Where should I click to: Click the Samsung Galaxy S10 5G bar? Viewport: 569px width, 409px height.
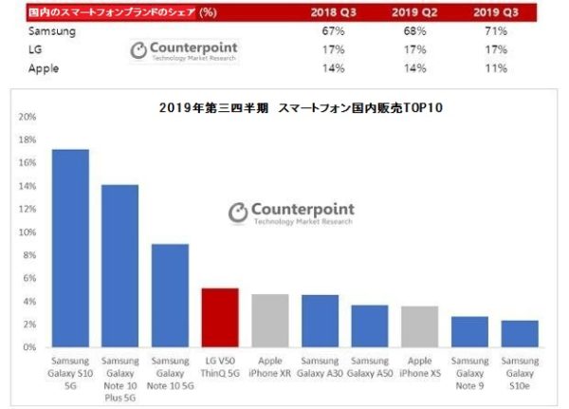(70, 249)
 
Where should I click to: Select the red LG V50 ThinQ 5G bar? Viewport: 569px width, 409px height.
(220, 318)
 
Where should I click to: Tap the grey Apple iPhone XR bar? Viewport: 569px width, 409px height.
(269, 321)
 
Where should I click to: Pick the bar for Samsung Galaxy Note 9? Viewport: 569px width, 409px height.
(469, 332)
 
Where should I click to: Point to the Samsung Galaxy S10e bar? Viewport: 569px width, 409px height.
(520, 334)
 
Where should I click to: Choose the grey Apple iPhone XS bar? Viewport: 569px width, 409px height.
(419, 326)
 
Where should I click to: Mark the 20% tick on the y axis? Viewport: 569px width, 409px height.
(28, 117)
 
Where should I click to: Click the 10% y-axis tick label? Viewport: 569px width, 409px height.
(28, 232)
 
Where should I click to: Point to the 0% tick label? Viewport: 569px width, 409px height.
(30, 347)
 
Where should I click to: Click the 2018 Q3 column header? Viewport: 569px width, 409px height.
(335, 14)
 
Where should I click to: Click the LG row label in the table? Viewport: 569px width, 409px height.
(34, 50)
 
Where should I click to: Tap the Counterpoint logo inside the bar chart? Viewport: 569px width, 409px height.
(290, 213)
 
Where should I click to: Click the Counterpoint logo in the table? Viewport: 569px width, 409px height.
(183, 50)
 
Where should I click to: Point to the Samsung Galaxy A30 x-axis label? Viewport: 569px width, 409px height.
(320, 368)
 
